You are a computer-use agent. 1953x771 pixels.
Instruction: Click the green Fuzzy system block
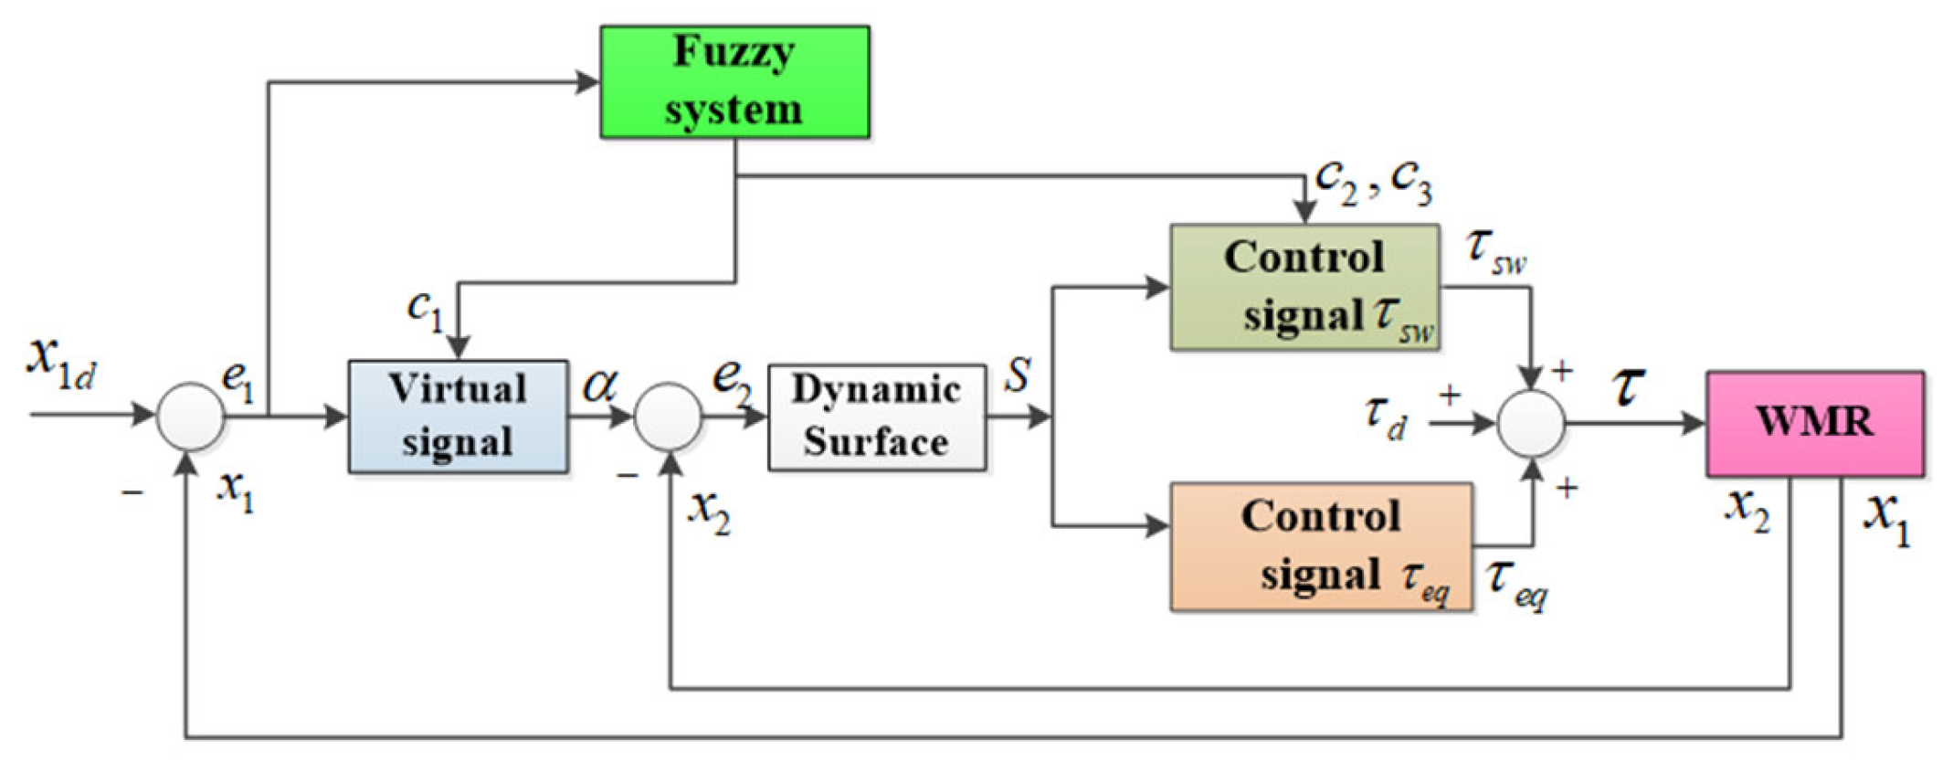[734, 82]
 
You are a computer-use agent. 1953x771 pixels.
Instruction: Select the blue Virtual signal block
[458, 417]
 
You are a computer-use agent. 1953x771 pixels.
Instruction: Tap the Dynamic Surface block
[876, 417]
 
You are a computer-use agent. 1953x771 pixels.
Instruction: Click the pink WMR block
[1814, 423]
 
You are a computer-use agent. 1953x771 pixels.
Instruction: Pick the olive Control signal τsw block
[1304, 287]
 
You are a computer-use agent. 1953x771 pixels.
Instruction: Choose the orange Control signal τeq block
[1321, 546]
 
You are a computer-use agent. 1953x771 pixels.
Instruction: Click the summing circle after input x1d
[190, 417]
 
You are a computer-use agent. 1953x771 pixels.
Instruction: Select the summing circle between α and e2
[668, 417]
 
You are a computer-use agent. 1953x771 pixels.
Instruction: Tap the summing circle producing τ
[1532, 423]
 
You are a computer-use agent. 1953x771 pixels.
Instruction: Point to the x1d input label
[60, 361]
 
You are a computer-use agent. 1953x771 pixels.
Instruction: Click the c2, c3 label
[1373, 182]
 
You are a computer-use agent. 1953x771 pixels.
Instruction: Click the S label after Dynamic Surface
[1018, 375]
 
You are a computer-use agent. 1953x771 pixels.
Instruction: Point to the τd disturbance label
[1386, 417]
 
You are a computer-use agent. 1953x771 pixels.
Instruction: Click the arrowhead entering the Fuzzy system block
[586, 82]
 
